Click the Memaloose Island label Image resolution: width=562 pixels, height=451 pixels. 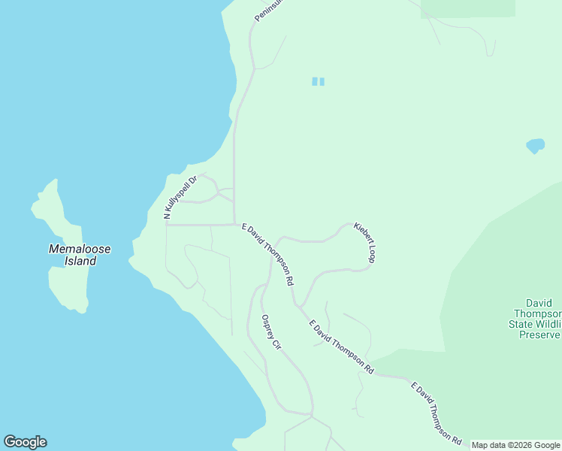[x=80, y=255]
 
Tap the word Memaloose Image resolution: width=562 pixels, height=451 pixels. [x=80, y=249]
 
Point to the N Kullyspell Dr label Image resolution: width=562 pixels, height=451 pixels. [x=180, y=198]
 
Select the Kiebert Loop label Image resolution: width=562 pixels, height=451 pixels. [x=364, y=241]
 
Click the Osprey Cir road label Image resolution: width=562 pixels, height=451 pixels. [x=270, y=332]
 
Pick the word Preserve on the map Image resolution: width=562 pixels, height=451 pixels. [x=540, y=334]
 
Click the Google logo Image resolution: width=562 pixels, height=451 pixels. [x=25, y=442]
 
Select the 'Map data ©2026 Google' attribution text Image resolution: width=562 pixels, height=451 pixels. [x=516, y=445]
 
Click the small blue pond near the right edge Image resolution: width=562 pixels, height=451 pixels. [x=535, y=144]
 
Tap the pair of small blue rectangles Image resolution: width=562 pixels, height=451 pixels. [x=318, y=81]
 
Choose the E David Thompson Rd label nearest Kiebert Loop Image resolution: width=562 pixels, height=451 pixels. [x=267, y=253]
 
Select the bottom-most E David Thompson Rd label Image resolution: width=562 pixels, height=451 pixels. [x=435, y=412]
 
